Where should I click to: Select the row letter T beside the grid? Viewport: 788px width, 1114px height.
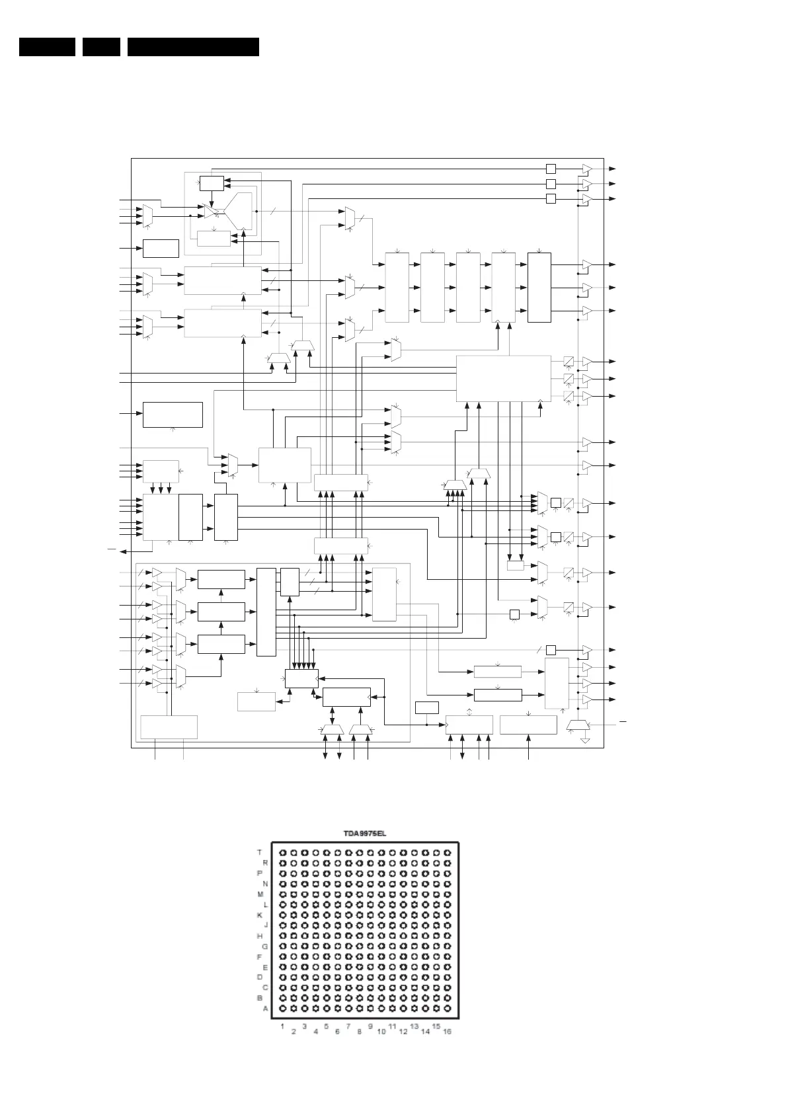(260, 852)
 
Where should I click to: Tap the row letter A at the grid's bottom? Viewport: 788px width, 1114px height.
(265, 1009)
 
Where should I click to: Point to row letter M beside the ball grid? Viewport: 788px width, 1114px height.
(260, 894)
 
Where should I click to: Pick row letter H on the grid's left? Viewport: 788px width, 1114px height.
(260, 935)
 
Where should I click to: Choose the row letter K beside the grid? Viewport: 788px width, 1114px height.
(260, 915)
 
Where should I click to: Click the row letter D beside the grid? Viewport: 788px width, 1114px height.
(260, 977)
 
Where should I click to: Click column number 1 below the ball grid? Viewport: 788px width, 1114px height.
(282, 1026)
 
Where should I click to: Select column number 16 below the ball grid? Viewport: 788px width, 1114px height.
(447, 1032)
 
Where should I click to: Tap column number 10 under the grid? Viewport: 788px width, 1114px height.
(381, 1032)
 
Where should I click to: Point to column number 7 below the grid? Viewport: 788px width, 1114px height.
(348, 1026)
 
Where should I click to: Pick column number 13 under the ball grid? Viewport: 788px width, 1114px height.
(414, 1026)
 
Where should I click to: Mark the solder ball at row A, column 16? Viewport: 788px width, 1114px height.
(447, 1009)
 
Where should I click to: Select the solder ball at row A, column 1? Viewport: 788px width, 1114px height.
(282, 1009)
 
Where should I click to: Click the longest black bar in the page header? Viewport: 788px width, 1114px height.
(193, 47)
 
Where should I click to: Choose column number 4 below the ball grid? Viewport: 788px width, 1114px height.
(315, 1032)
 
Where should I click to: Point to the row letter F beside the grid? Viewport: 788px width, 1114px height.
(260, 957)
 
